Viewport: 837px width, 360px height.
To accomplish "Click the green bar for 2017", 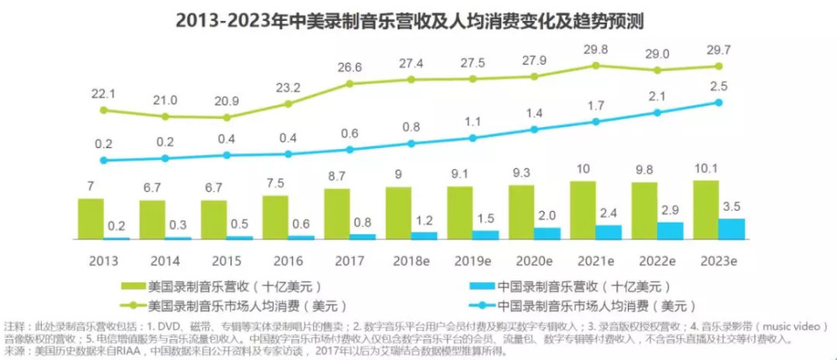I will (x=336, y=214).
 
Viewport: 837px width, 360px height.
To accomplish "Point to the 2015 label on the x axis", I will (x=213, y=260).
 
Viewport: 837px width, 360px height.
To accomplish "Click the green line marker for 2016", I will (x=288, y=104).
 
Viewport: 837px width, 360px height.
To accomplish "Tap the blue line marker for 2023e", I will (x=718, y=103).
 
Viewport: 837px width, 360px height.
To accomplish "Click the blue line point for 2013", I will (x=103, y=160).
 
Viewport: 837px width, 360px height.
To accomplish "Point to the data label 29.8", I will (x=596, y=48).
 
